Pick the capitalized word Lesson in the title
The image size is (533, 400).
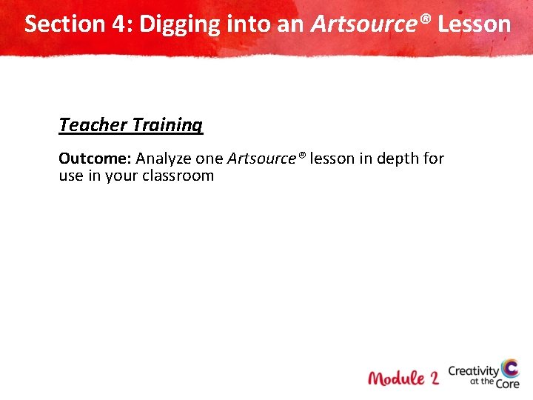(474, 24)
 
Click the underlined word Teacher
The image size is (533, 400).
(93, 124)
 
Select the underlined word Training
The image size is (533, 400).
(167, 125)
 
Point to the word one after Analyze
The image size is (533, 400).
(209, 159)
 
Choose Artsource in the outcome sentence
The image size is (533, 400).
(264, 159)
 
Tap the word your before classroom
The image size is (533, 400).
(123, 176)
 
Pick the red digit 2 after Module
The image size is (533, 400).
(433, 378)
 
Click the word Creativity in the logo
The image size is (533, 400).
(474, 371)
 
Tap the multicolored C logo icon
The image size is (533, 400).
(509, 368)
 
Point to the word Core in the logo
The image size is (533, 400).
(508, 384)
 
